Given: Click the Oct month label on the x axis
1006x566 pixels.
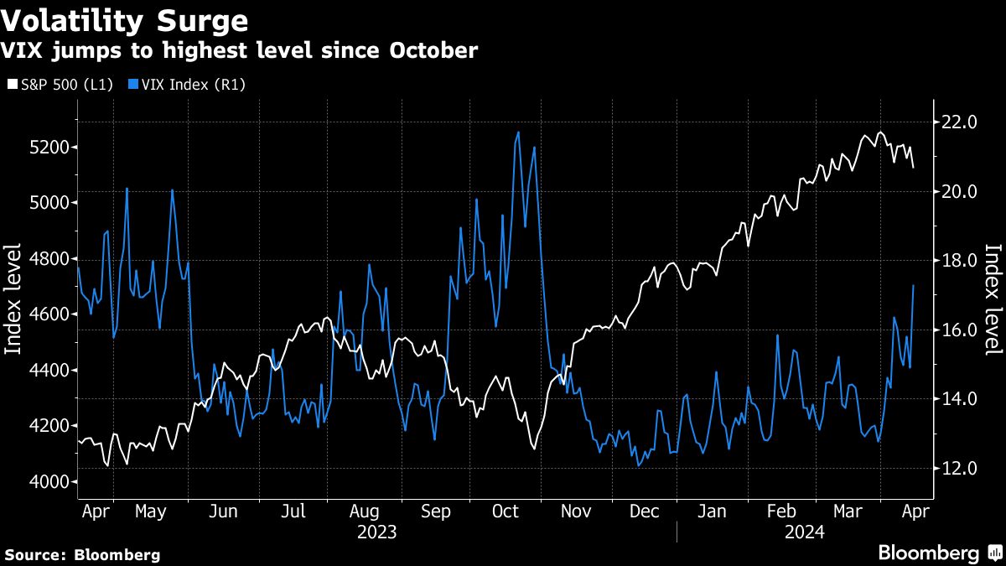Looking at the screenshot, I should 506,511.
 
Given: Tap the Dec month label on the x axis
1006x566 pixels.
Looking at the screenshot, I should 645,511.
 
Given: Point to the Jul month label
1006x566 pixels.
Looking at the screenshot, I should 293,511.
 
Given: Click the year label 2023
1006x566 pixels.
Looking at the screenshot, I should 378,532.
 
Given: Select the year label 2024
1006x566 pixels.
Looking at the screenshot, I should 805,532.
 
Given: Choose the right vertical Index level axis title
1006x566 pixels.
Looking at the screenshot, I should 993,299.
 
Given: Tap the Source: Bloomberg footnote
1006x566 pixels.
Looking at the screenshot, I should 82,554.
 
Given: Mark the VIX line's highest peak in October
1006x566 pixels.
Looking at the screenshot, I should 518,132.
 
